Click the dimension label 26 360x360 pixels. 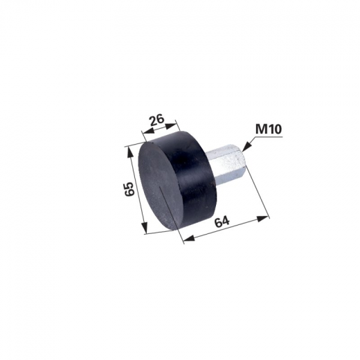[157, 120]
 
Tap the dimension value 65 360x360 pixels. [129, 189]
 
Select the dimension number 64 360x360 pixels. [222, 222]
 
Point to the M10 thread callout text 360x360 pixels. [269, 129]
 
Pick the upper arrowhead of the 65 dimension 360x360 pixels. [129, 154]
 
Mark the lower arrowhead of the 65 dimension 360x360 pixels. [144, 226]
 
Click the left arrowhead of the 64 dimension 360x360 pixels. [190, 238]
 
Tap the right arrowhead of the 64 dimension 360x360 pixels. [263, 218]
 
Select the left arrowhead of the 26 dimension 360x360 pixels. [149, 132]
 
